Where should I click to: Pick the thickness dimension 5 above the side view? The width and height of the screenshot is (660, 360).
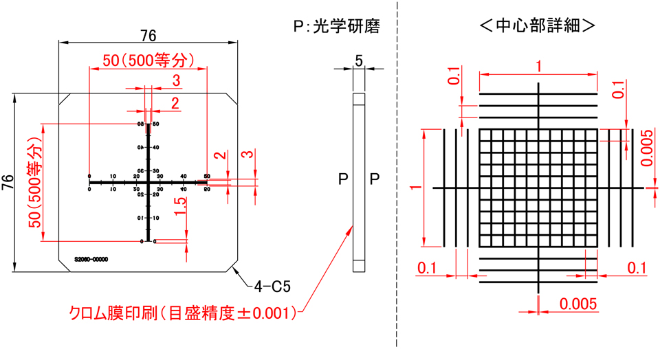[360, 60]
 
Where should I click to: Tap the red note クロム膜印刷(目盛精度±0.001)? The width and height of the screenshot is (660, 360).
[183, 313]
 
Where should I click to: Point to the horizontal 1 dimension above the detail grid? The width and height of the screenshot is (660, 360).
[538, 65]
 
